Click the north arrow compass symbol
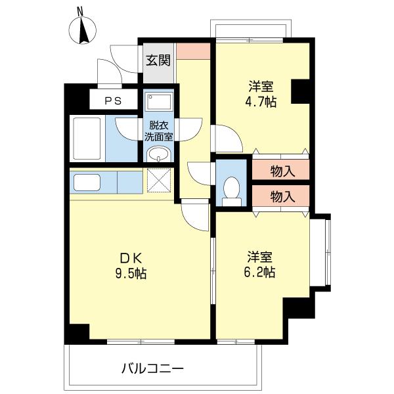tap(83, 30)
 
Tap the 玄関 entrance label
tap(158, 60)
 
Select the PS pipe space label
tap(113, 101)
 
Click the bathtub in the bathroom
tap(87, 139)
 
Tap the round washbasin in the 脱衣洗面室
tap(158, 154)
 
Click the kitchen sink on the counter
tap(87, 183)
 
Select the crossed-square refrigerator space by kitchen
tap(159, 181)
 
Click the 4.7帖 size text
tap(261, 102)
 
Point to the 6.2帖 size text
tap(259, 272)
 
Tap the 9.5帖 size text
tap(131, 273)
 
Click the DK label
tap(131, 258)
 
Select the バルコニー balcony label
tap(152, 368)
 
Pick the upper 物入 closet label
tap(282, 171)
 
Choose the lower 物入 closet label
tap(282, 196)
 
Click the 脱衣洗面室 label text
tap(158, 131)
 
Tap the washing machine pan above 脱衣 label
tap(159, 102)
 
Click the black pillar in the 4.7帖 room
tap(300, 91)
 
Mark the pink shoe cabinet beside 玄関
tap(193, 51)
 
